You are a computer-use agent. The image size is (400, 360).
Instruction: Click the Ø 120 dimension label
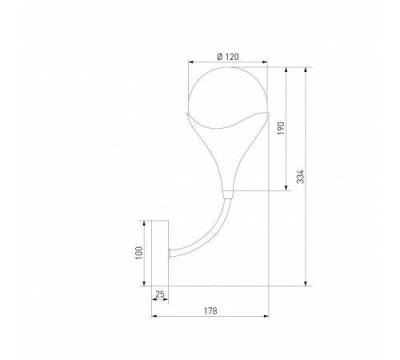pos(228,56)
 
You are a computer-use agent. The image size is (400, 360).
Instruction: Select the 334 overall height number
pos(300,177)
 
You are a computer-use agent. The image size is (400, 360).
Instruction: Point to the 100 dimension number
pos(138,253)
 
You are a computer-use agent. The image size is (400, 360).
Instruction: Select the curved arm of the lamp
pos(200,236)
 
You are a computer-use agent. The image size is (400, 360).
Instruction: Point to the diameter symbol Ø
pos(219,56)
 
